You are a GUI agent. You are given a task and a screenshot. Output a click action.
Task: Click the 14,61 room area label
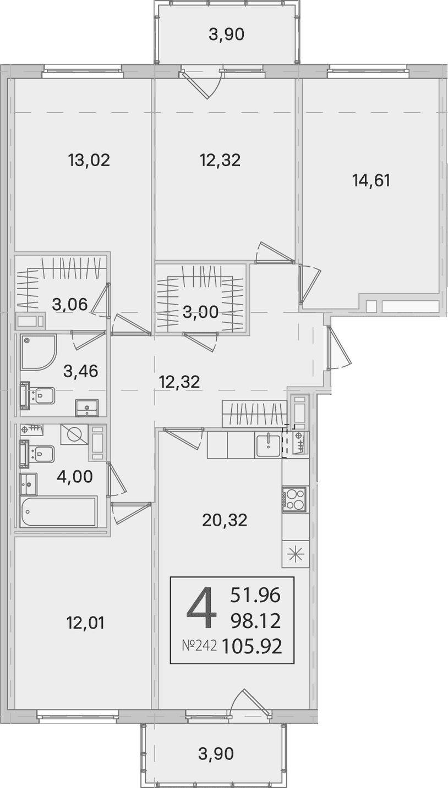[371, 181]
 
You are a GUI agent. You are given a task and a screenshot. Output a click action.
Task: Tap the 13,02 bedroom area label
[89, 161]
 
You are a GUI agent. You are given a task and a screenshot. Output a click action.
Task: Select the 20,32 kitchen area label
[225, 520]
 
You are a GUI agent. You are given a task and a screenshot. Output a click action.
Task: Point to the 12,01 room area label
[85, 623]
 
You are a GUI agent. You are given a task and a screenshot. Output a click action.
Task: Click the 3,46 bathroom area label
[81, 371]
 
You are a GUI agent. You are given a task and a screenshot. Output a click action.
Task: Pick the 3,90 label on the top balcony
[226, 35]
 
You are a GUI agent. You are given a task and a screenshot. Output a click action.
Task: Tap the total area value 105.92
[252, 646]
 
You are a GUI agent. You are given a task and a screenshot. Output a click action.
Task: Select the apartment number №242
[199, 646]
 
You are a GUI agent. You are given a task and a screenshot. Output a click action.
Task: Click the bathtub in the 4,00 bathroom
[58, 511]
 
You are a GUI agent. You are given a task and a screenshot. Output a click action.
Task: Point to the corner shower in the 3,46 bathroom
[39, 352]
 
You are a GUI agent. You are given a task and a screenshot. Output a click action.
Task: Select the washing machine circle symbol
[74, 434]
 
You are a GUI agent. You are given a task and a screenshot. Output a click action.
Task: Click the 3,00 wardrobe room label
[200, 312]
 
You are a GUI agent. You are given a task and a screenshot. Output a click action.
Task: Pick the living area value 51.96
[255, 595]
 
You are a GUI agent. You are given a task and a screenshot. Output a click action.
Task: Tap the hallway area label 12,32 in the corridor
[179, 382]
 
